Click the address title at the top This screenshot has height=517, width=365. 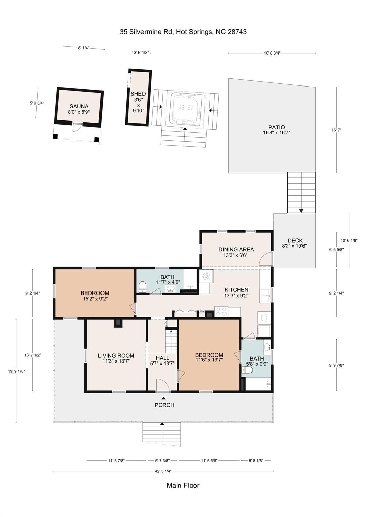[x=183, y=32]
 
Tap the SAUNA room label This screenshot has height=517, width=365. [x=79, y=106]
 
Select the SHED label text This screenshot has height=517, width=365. [x=138, y=94]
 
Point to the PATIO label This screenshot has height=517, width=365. [x=277, y=127]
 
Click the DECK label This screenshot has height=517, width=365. [x=295, y=241]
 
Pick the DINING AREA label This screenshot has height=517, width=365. [x=236, y=249]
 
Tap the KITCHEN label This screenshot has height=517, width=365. [x=236, y=290]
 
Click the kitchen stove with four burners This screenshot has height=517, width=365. [x=221, y=311]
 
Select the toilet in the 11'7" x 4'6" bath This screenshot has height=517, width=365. [x=143, y=286]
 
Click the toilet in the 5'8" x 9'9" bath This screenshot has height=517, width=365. [x=247, y=370]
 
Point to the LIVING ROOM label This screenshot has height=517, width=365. [x=116, y=356]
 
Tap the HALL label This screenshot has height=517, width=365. [x=162, y=358]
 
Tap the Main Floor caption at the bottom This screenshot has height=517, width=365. [x=183, y=485]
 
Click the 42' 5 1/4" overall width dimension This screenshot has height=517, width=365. [x=163, y=471]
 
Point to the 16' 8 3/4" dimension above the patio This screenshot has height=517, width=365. [x=272, y=53]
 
